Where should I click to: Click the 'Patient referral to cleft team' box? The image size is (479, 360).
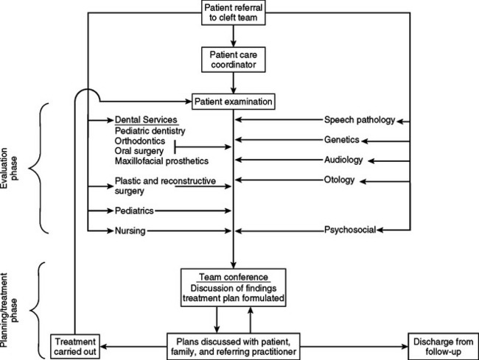234,12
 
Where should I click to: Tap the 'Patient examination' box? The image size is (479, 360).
233,99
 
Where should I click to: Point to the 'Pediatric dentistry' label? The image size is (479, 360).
149,130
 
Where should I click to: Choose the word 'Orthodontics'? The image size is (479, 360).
139,141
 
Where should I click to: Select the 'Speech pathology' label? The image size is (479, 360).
360,120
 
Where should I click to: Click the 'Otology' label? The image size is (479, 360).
340,180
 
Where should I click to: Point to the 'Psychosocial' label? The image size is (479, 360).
350,230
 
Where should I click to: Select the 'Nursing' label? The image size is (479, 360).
130,230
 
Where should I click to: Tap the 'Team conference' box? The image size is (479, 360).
233,287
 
